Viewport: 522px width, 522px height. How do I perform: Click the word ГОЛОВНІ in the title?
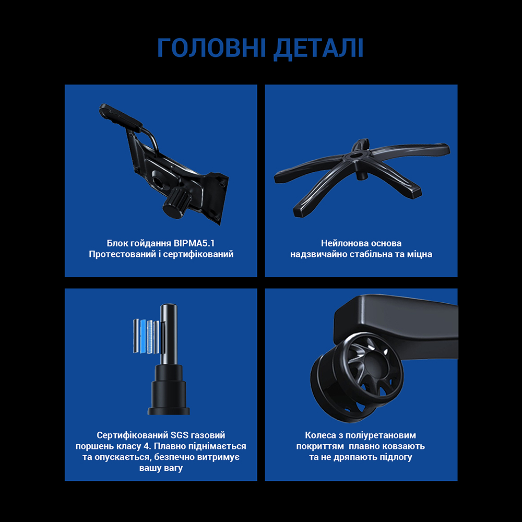[210, 48]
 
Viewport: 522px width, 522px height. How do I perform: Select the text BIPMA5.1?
[193, 243]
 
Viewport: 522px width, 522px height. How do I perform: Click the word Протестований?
[122, 255]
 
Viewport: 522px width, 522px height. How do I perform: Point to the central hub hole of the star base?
[359, 155]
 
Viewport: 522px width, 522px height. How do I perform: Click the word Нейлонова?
[342, 243]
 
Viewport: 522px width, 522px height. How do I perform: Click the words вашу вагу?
[161, 468]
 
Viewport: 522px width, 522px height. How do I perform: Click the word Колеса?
[322, 435]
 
